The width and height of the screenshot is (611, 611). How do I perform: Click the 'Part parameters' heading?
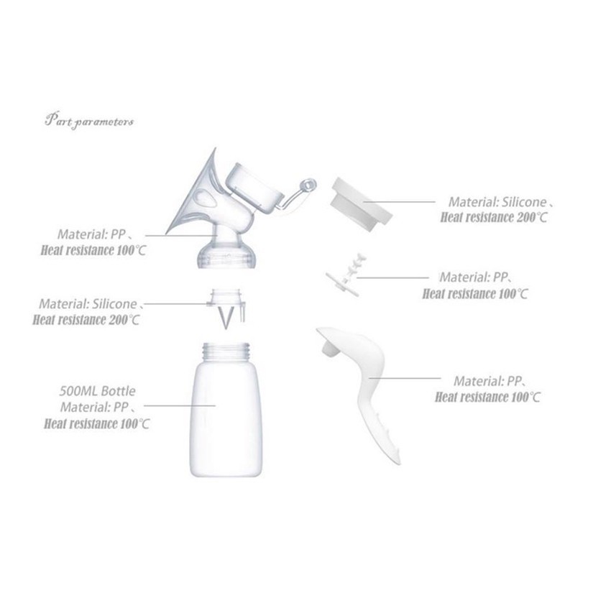pos(89,121)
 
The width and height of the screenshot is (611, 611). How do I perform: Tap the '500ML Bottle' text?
pos(98,391)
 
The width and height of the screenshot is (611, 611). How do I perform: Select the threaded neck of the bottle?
pos(226,351)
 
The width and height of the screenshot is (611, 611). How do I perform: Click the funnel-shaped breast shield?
pos(195,195)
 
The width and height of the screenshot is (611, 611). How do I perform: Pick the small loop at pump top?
pos(308,185)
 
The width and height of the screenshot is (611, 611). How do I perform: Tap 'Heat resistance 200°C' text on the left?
pos(86,320)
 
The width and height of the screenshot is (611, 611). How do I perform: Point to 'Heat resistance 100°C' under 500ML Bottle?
pos(96,423)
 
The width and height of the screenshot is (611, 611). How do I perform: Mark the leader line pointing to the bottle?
pos(180,405)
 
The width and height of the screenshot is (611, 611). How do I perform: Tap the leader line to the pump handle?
pos(405,377)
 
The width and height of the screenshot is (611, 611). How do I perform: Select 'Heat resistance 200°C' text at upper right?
pos(494,217)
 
